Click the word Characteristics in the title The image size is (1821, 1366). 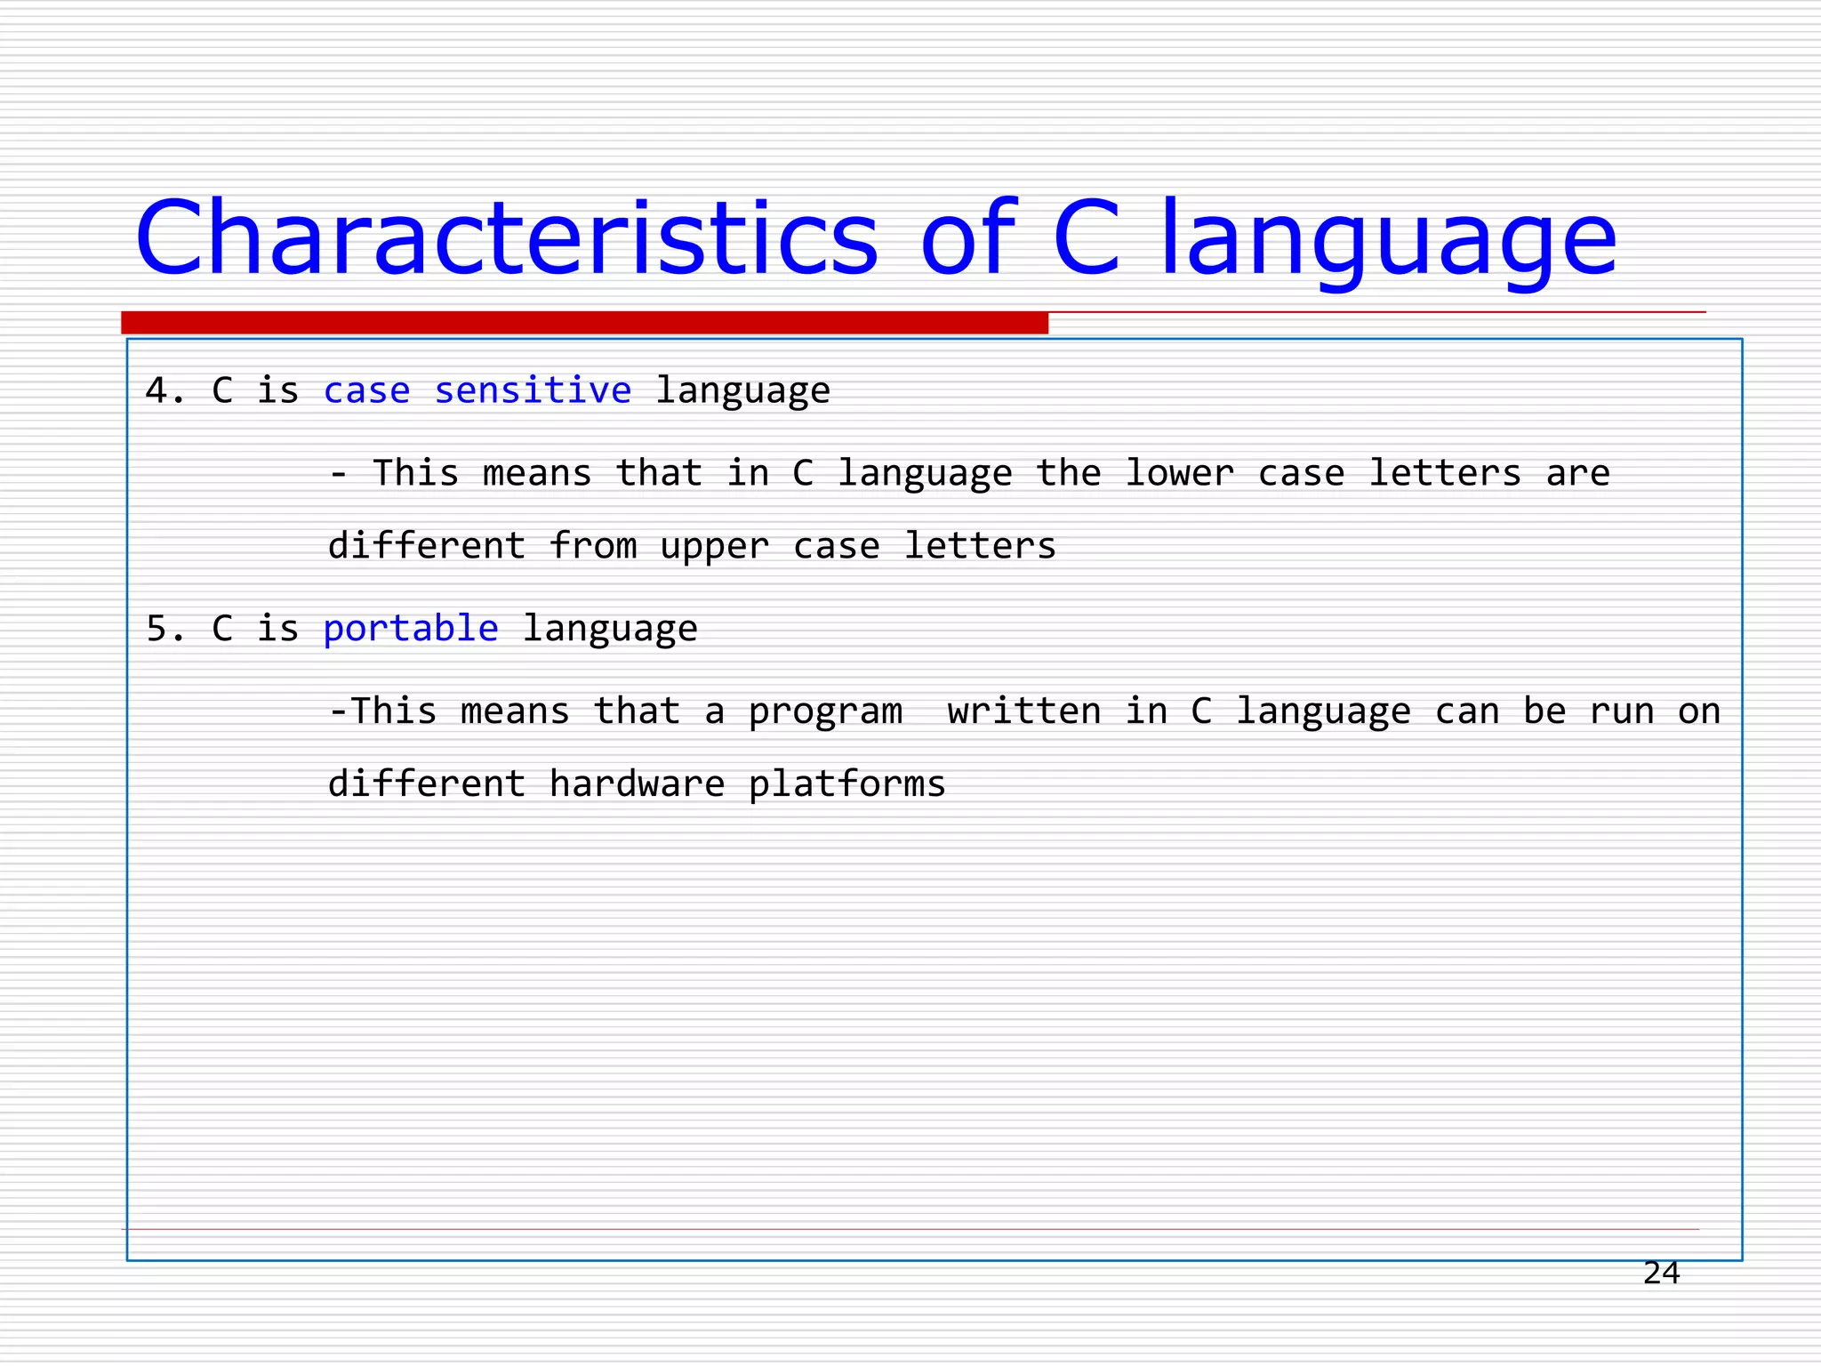tap(507, 238)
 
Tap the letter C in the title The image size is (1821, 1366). tap(1086, 238)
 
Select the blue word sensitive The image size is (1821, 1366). tap(533, 390)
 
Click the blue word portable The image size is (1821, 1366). tap(411, 629)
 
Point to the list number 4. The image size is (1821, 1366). tap(160, 390)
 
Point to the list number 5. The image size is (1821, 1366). tap(160, 629)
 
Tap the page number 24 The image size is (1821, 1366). tap(1661, 1274)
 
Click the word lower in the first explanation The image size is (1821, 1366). tap(1179, 473)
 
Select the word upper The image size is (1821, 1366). tap(714, 547)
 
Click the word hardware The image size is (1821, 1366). tap(637, 783)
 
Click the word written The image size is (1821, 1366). tap(1023, 711)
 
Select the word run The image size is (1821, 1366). tap(1622, 711)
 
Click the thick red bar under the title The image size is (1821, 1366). tap(584, 323)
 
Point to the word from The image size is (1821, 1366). tap(593, 545)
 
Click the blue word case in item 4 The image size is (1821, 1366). tap(366, 391)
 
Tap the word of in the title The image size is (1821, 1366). tap(967, 238)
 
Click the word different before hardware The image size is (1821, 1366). tap(427, 783)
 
